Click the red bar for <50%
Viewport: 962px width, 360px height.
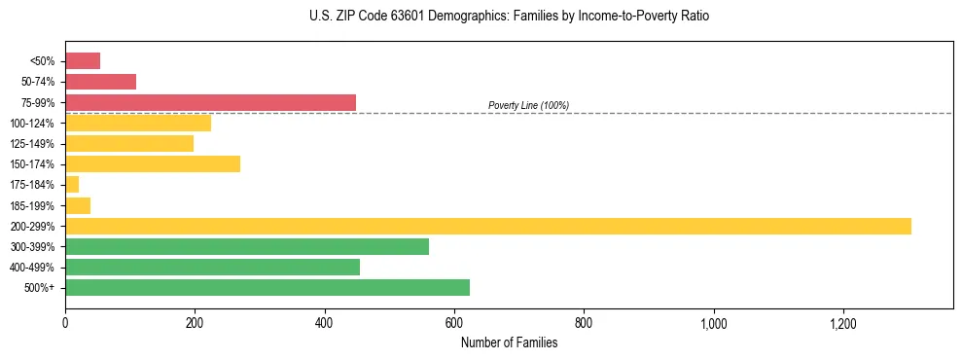tap(83, 61)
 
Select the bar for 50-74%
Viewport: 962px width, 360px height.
tap(100, 82)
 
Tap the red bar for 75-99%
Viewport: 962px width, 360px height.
tap(210, 102)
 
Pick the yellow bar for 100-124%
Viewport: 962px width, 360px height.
tap(138, 123)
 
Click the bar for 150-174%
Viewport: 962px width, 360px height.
tap(153, 163)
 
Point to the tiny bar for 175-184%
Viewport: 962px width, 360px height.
tap(72, 184)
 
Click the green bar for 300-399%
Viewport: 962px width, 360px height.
tap(247, 246)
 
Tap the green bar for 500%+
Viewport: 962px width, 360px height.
tap(267, 287)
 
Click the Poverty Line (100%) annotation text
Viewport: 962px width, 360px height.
tap(528, 105)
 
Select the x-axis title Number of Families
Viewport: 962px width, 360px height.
tap(509, 342)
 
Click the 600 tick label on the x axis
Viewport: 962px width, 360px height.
tap(454, 322)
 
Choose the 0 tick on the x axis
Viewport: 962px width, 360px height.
tap(65, 322)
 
